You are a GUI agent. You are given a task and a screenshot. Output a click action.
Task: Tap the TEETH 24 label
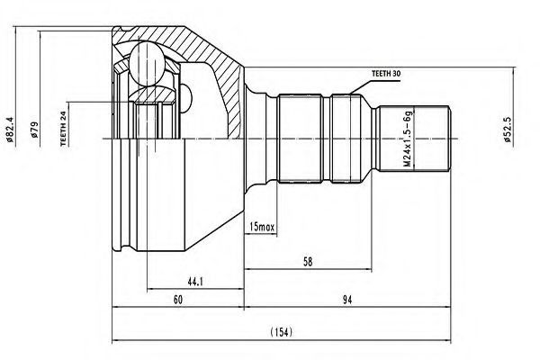63,127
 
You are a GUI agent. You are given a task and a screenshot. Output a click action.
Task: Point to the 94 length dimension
346,301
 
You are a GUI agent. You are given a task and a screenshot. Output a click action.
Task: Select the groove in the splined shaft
328,139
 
